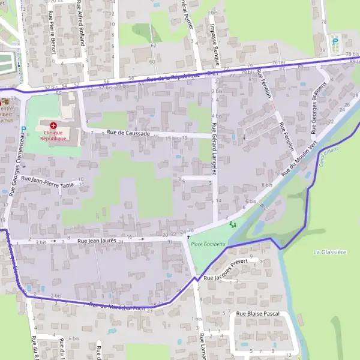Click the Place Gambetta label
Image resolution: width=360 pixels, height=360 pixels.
tap(208, 244)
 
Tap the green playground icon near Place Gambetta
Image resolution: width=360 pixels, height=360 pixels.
tap(233, 224)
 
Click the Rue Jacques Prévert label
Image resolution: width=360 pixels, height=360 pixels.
tap(226, 274)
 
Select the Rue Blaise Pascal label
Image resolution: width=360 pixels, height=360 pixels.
tap(257, 314)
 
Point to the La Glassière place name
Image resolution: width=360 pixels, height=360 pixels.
tap(329, 253)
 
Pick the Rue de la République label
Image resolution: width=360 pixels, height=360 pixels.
tap(172, 77)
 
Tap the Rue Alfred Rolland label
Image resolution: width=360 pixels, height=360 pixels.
tap(80, 23)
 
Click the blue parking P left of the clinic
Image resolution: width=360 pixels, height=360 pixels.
tap(23, 129)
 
